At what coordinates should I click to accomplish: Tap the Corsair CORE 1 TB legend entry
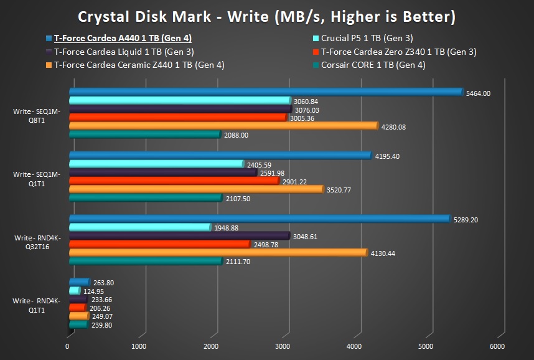click(x=373, y=64)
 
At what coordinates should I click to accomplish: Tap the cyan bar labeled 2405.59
click(x=156, y=164)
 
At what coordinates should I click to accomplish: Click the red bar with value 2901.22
click(x=174, y=181)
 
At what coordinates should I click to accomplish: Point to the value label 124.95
click(x=94, y=291)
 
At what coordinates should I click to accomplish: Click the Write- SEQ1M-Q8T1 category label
click(x=37, y=116)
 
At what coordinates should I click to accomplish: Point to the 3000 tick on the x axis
click(x=283, y=346)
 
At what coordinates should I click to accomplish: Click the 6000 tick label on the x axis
click(x=497, y=346)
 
